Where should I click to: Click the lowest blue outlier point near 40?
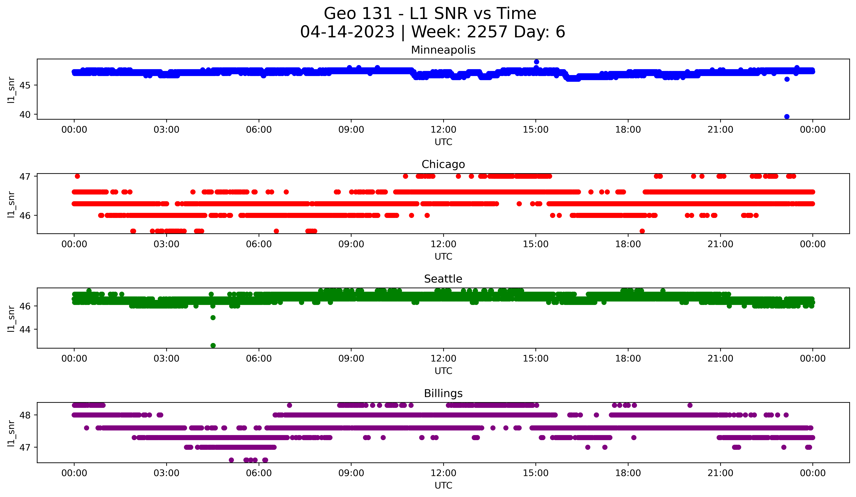787,117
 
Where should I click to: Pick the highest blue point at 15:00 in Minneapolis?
536,62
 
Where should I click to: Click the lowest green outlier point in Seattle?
213,345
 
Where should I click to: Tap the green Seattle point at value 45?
213,318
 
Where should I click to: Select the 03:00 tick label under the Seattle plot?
166,359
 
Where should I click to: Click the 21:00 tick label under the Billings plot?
720,473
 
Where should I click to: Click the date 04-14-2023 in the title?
347,32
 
